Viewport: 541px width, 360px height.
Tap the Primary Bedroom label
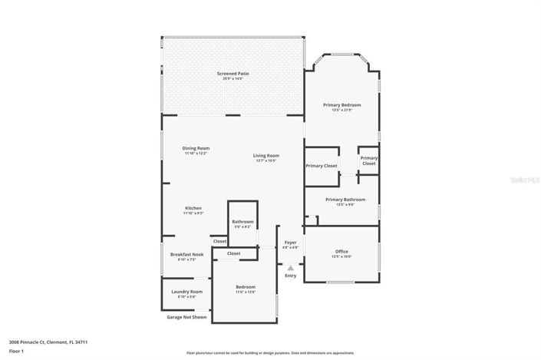click(341, 105)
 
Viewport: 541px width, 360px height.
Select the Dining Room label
click(196, 148)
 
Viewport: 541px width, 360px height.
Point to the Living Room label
click(266, 156)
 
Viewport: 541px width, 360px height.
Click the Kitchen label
click(193, 208)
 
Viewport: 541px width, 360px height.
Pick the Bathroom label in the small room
click(242, 222)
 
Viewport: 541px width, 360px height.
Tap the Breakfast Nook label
click(186, 255)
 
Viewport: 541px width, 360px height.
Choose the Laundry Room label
click(186, 292)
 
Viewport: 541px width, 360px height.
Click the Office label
click(341, 252)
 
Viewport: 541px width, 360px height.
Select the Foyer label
click(290, 243)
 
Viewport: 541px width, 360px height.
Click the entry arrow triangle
click(290, 269)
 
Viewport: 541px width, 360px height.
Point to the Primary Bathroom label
click(339, 200)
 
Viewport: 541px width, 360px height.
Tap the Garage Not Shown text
click(186, 316)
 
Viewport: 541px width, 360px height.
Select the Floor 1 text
click(16, 351)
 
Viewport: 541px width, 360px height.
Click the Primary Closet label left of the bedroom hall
click(321, 166)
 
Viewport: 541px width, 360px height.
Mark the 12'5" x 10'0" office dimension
click(341, 257)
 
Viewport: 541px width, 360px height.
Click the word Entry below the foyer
click(290, 276)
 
